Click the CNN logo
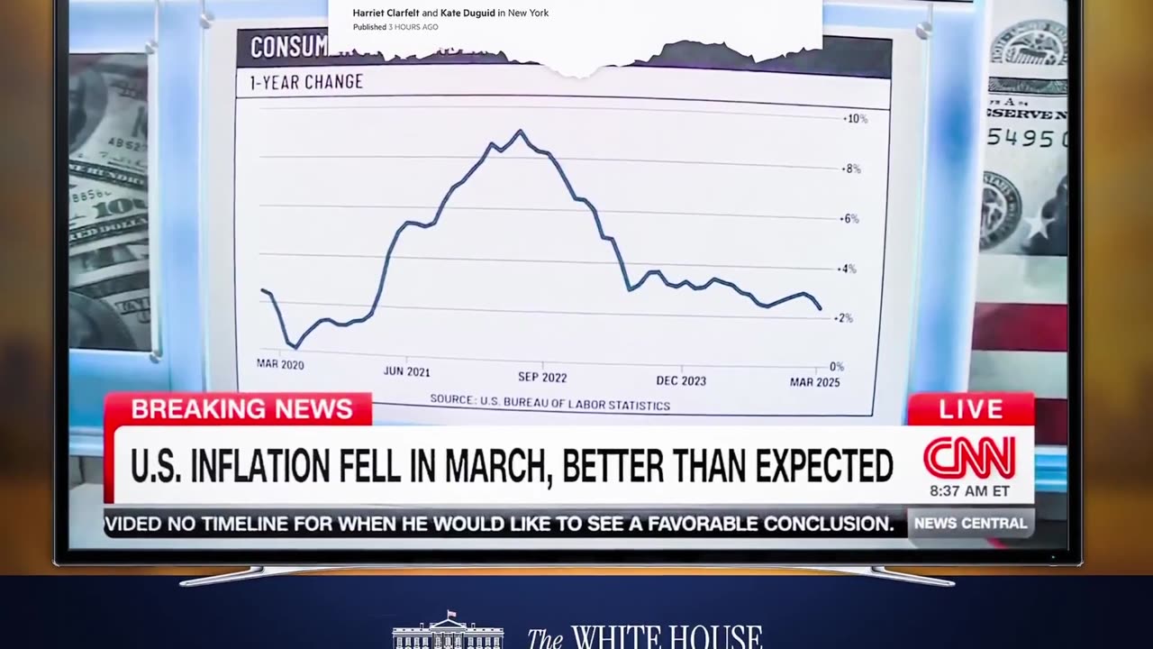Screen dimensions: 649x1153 (x=969, y=458)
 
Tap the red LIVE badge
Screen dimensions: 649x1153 (x=970, y=408)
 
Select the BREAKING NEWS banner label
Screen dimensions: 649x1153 (x=241, y=408)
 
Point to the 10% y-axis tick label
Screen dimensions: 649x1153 (x=855, y=119)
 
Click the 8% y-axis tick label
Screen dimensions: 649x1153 (x=851, y=169)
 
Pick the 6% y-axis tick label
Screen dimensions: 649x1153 (x=851, y=219)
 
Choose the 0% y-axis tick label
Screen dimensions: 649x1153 (x=836, y=367)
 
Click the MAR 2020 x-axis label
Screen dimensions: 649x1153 (x=280, y=364)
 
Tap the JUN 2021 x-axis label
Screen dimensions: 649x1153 (x=406, y=371)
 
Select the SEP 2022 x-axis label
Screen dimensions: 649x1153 (x=542, y=377)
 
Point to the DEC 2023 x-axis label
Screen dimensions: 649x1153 (x=681, y=380)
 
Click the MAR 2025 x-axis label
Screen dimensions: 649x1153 (x=815, y=382)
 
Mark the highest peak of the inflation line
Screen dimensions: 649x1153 (x=520, y=132)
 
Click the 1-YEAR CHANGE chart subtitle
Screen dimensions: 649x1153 (x=306, y=82)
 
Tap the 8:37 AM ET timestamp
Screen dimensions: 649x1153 (x=969, y=491)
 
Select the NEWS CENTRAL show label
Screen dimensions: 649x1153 (x=970, y=523)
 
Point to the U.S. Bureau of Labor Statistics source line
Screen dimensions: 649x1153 (x=549, y=402)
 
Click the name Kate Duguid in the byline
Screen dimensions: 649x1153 (x=468, y=13)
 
